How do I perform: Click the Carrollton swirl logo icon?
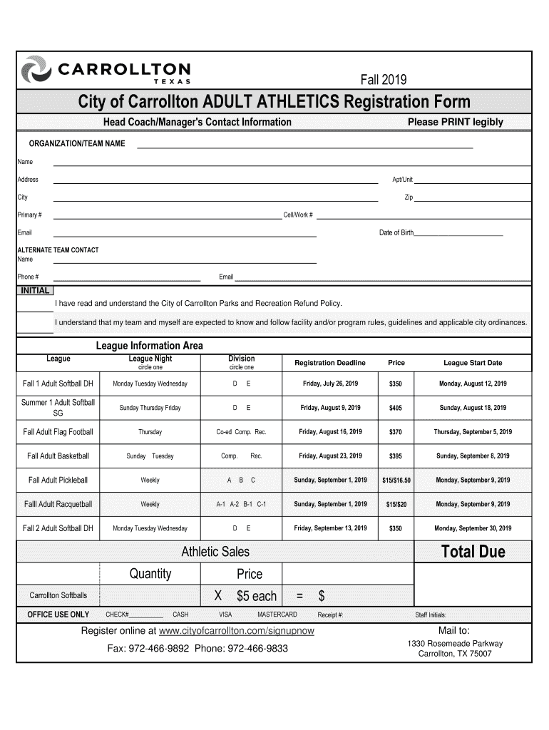(x=38, y=71)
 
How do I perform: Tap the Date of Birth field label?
(x=396, y=234)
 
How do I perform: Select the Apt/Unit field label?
(x=403, y=180)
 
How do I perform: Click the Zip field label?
(x=409, y=197)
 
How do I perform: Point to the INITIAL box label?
(x=35, y=291)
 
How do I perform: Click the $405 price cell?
(x=396, y=408)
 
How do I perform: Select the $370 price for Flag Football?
(x=396, y=433)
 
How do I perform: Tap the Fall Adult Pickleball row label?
(x=58, y=480)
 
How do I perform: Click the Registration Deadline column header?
(x=330, y=363)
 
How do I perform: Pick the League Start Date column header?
(x=473, y=363)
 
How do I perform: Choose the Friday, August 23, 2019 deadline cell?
(x=330, y=456)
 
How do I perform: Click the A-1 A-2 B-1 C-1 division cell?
(x=241, y=505)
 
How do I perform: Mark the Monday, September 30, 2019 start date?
(x=473, y=529)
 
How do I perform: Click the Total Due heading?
(x=473, y=552)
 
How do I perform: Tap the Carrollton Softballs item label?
(x=58, y=595)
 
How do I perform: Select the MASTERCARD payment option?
(x=277, y=615)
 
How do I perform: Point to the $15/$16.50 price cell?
(x=396, y=480)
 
